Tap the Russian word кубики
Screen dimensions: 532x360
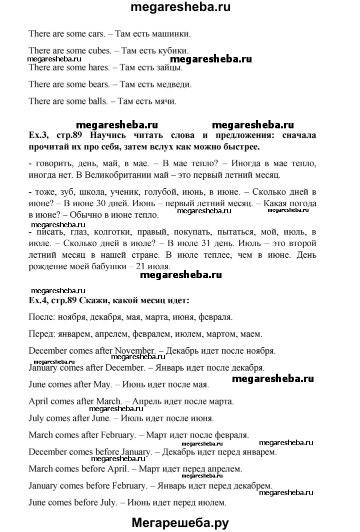click(x=173, y=50)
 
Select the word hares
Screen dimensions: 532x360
click(x=95, y=67)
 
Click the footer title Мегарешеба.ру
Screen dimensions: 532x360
click(x=180, y=523)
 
